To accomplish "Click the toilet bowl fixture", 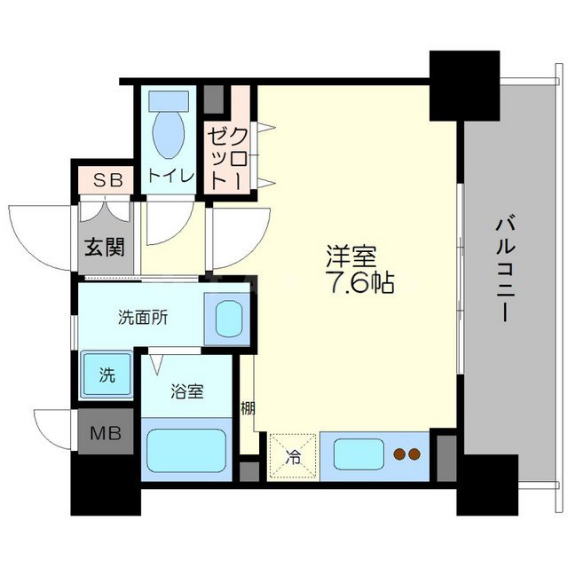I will [x=169, y=130].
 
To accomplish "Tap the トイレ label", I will [x=171, y=176].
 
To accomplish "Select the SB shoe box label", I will [x=106, y=181].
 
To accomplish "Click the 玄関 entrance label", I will [x=105, y=244].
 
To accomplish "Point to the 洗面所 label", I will [x=138, y=316].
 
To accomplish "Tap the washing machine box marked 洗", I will [x=105, y=375].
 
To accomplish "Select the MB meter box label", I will [x=105, y=435].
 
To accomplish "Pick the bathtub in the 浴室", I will [x=186, y=451].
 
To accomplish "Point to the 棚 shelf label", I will [x=248, y=409].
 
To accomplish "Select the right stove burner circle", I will [x=414, y=455].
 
